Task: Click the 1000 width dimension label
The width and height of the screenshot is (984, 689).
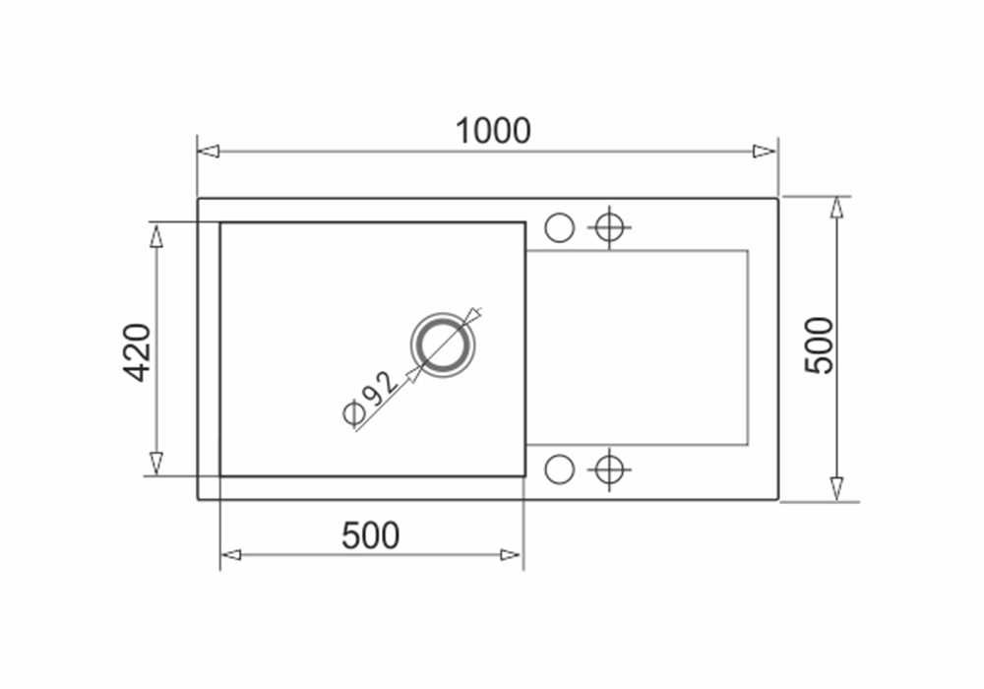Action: click(x=493, y=131)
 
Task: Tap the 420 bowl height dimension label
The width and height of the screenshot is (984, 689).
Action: click(x=138, y=351)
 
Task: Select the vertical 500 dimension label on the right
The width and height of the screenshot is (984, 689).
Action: click(x=819, y=345)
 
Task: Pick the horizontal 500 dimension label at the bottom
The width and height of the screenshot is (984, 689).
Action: click(x=371, y=535)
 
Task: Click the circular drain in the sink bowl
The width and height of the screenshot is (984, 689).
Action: click(x=442, y=345)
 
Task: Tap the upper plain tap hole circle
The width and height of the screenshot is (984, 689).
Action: click(x=559, y=227)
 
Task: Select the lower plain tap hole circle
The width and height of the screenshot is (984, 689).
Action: click(x=559, y=469)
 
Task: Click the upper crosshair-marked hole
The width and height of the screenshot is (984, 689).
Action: click(x=610, y=227)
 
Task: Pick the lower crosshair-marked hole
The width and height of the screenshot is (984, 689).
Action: click(x=610, y=469)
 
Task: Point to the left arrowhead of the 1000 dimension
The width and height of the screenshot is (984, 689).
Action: click(x=208, y=152)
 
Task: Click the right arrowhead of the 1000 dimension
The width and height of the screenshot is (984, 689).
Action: click(x=766, y=152)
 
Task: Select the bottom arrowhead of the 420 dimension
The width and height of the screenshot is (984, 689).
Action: click(x=155, y=463)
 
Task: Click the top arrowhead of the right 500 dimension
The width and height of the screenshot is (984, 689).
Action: click(x=836, y=209)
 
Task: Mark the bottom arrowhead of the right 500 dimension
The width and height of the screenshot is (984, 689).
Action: click(x=836, y=488)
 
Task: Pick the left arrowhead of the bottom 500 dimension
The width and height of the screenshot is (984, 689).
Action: click(x=230, y=555)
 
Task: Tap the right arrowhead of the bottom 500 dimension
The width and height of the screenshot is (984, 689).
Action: click(x=511, y=555)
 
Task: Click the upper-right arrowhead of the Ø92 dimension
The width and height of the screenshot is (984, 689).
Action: click(x=474, y=315)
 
